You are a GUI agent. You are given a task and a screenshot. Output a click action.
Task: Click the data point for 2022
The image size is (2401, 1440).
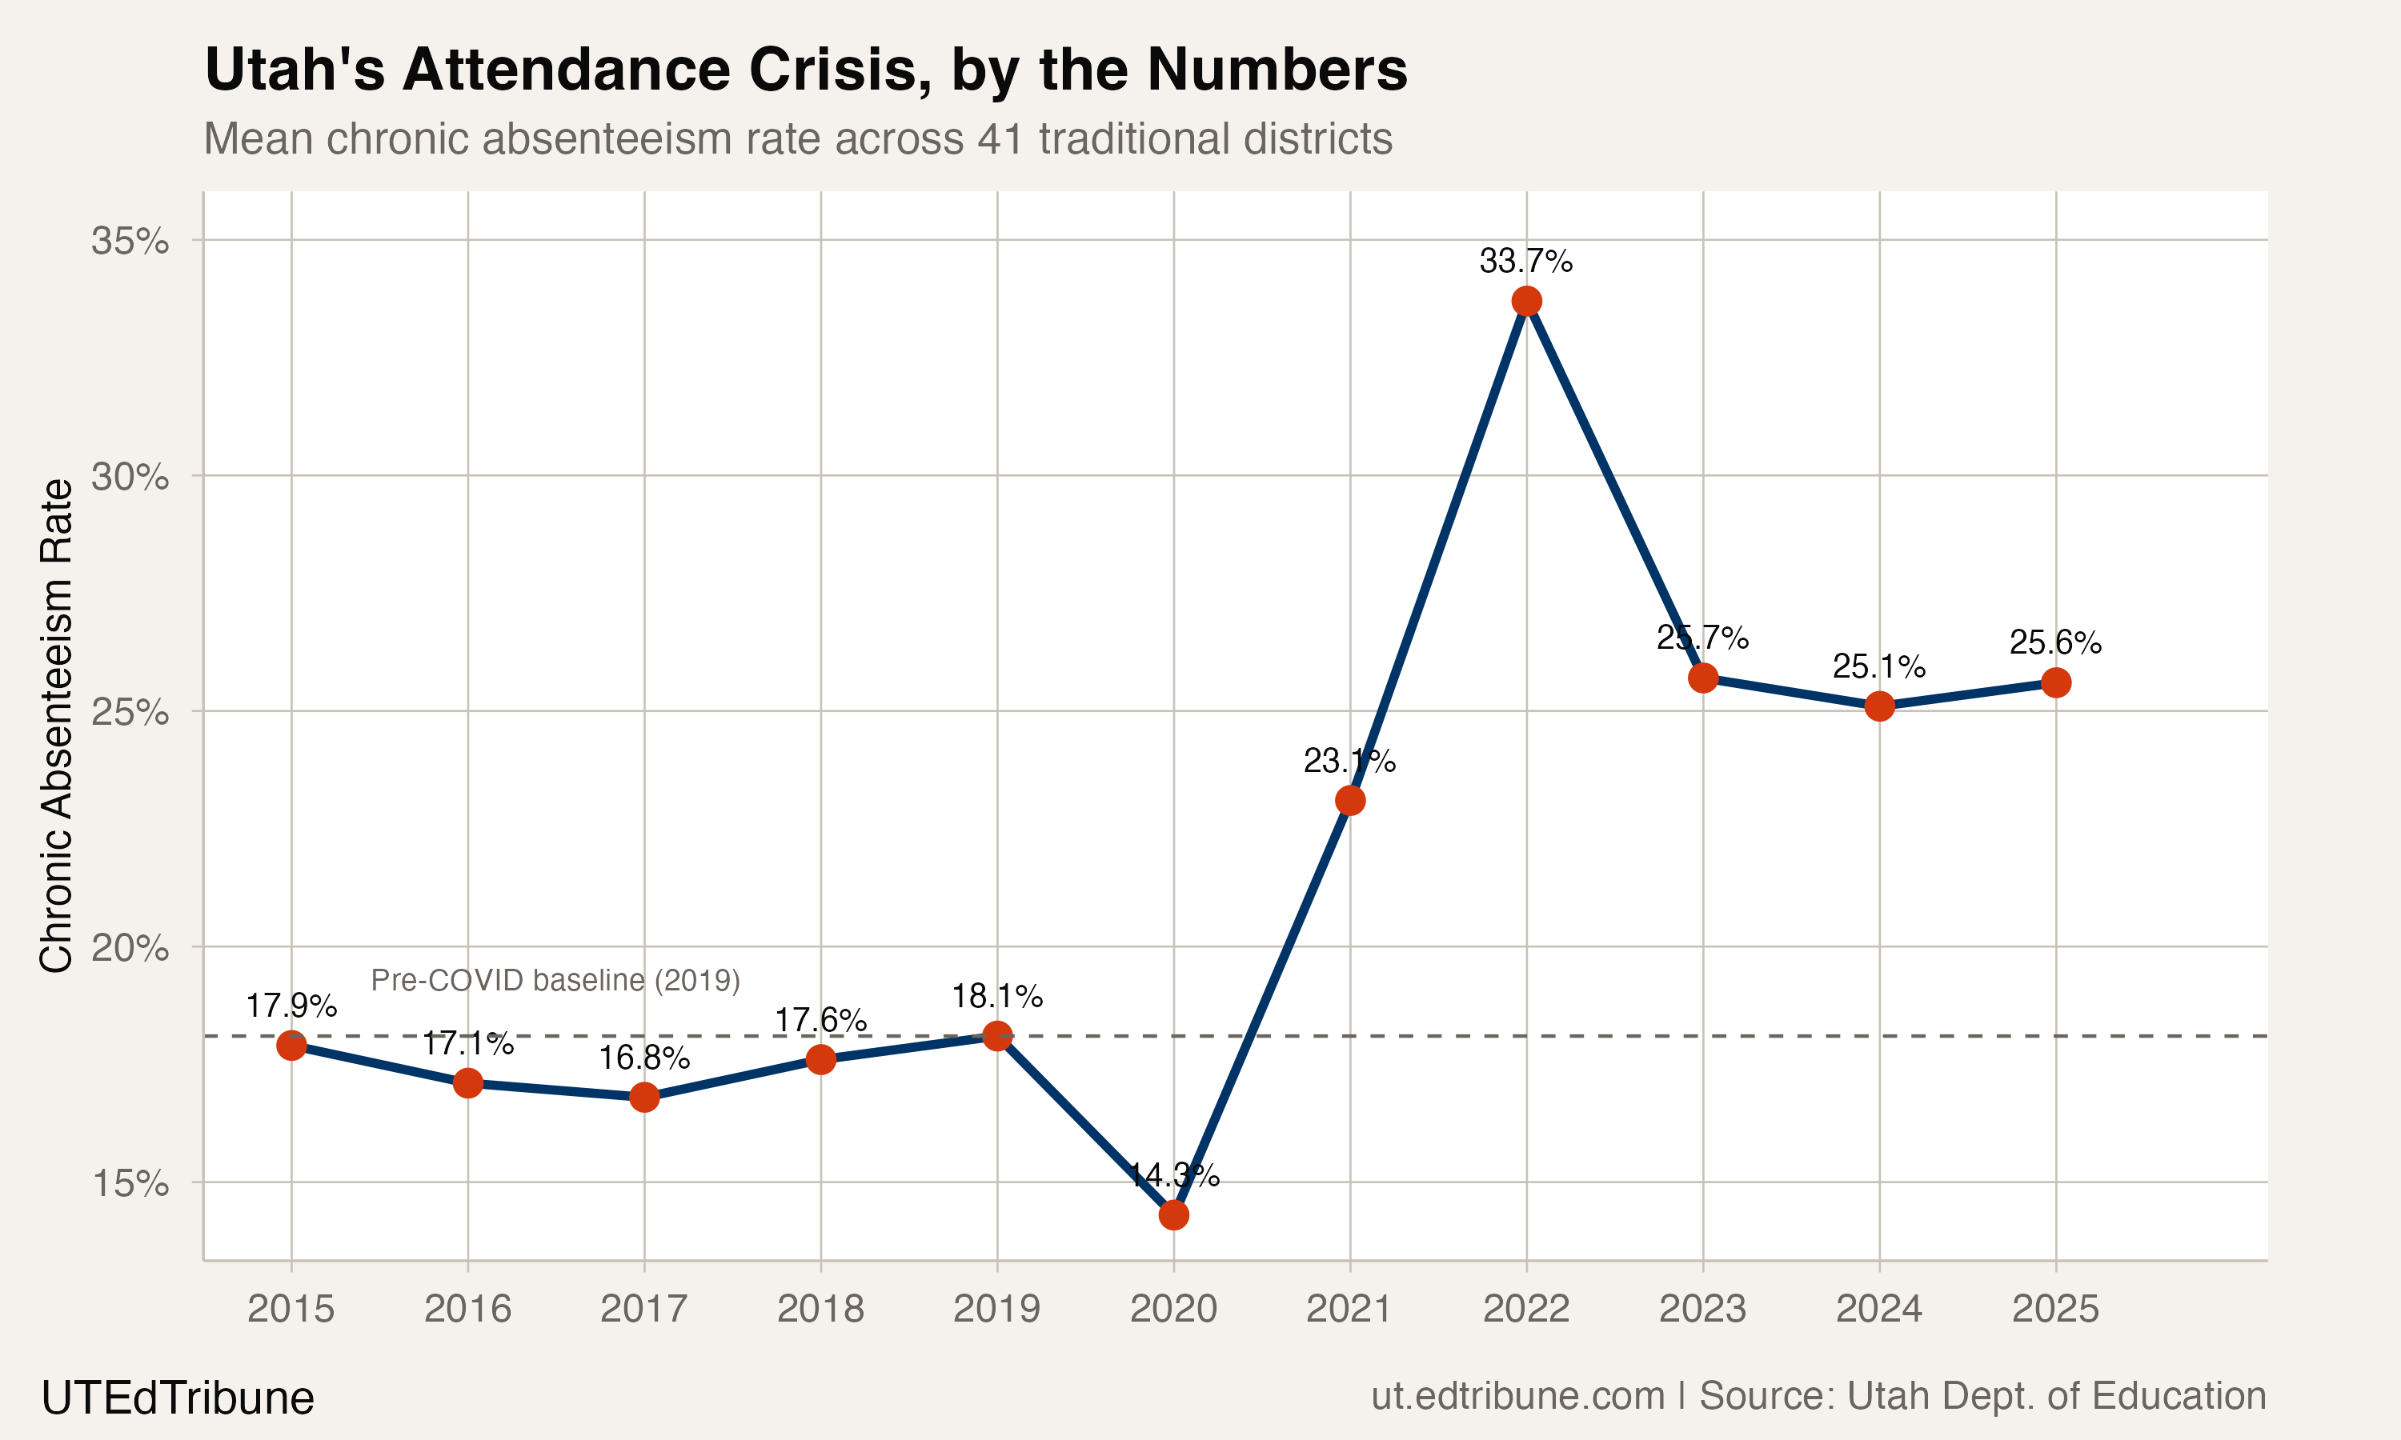[1526, 301]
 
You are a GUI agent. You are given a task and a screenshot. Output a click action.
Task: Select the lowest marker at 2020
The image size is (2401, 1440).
[1173, 1215]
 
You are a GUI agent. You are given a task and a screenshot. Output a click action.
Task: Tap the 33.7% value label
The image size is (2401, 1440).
[1525, 261]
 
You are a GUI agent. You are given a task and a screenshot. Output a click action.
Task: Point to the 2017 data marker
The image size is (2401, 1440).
[644, 1098]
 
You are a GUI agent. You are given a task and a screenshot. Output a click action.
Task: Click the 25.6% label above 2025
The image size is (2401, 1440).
[2055, 642]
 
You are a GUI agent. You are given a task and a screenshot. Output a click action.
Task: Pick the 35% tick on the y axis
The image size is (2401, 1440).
[130, 241]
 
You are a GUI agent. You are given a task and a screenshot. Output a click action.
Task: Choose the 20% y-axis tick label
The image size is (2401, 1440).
[130, 947]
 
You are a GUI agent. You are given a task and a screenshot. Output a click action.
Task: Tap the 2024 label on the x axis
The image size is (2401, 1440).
[1879, 1309]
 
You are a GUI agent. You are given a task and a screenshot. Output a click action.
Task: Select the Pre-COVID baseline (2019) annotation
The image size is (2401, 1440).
[555, 980]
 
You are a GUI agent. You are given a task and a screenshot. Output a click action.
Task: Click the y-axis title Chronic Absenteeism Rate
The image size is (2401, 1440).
[56, 725]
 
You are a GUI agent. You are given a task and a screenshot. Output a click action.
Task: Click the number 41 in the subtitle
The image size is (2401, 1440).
[1000, 138]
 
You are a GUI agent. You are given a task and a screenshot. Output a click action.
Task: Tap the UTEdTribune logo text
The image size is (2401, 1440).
[178, 1398]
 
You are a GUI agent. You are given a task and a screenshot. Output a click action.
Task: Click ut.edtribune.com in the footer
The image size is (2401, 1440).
[1518, 1395]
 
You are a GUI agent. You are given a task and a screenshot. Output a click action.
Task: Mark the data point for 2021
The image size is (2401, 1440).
[1350, 801]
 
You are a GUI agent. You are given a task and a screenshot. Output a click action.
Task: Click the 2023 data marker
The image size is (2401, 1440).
[1703, 678]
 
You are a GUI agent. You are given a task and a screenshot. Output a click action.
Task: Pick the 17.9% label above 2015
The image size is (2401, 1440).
[291, 1006]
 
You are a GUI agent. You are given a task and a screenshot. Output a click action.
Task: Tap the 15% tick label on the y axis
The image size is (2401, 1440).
[130, 1183]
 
